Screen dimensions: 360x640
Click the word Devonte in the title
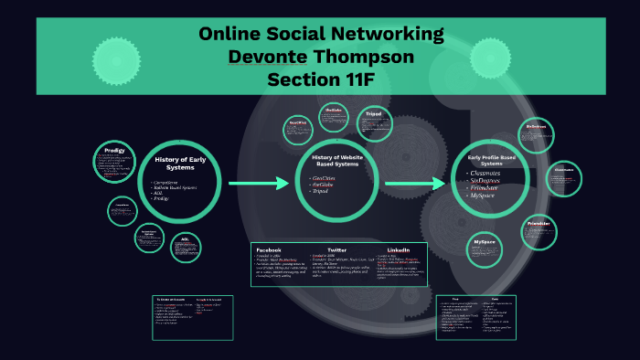268,57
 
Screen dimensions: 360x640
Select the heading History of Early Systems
178,163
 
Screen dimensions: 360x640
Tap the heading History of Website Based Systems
331,162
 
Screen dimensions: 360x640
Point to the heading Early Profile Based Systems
492,161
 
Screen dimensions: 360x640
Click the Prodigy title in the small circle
114,150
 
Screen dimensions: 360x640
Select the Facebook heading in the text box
269,249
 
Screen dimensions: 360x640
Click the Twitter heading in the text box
336,249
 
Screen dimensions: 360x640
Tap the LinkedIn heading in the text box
399,249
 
